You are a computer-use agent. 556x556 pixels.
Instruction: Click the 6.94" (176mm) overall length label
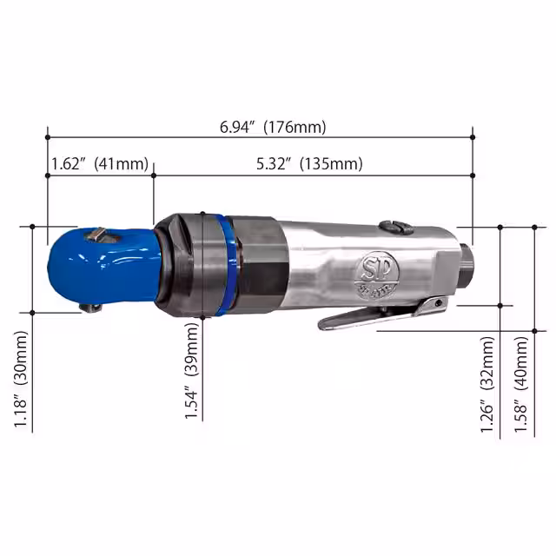click(273, 127)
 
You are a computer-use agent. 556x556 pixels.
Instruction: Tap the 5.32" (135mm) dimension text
click(310, 164)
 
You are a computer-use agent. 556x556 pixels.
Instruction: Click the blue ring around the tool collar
click(227, 264)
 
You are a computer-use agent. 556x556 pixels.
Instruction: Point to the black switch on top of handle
click(395, 228)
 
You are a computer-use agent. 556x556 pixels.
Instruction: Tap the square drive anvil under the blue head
click(90, 306)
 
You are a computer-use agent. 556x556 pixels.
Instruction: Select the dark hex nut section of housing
click(261, 264)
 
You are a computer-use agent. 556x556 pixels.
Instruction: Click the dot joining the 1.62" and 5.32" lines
click(153, 175)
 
